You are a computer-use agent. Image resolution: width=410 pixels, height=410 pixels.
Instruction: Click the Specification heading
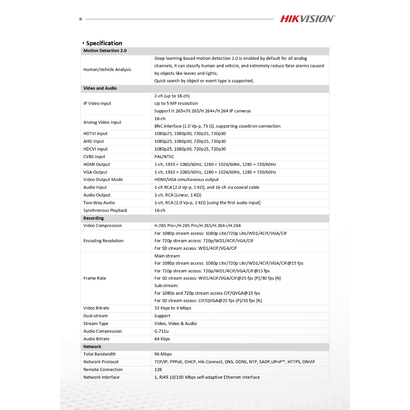tap(104, 43)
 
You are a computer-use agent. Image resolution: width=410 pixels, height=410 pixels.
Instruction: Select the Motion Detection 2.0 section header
tap(105, 51)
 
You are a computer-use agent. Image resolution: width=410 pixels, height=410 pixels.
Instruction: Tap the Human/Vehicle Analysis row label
tap(107, 70)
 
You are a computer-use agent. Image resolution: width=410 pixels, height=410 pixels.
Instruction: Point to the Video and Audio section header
tap(100, 88)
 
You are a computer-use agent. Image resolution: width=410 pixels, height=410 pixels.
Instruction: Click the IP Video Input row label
tap(97, 103)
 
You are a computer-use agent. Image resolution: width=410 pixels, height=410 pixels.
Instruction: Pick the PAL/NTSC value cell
tap(164, 157)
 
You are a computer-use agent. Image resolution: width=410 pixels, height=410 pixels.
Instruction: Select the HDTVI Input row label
tap(95, 134)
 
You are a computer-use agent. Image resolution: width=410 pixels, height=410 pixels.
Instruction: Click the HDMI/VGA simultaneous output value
tap(187, 180)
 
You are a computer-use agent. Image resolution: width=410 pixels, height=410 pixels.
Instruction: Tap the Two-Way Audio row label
tap(99, 203)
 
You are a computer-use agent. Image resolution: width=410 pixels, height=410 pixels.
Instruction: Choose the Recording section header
tap(93, 218)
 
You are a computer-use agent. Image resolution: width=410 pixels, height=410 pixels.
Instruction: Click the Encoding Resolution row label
tap(103, 241)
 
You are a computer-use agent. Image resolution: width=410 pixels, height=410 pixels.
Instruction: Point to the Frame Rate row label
tap(94, 278)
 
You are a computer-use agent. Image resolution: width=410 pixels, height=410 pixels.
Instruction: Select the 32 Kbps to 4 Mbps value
tap(173, 308)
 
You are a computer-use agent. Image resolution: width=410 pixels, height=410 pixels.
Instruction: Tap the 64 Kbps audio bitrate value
tap(162, 339)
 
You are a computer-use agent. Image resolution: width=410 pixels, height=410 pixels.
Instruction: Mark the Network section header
tap(92, 347)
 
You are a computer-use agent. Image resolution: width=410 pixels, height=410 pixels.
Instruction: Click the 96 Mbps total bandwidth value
tap(163, 354)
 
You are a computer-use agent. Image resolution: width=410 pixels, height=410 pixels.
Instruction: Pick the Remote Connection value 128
tap(158, 370)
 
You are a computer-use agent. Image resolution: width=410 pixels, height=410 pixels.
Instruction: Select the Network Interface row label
tap(101, 377)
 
